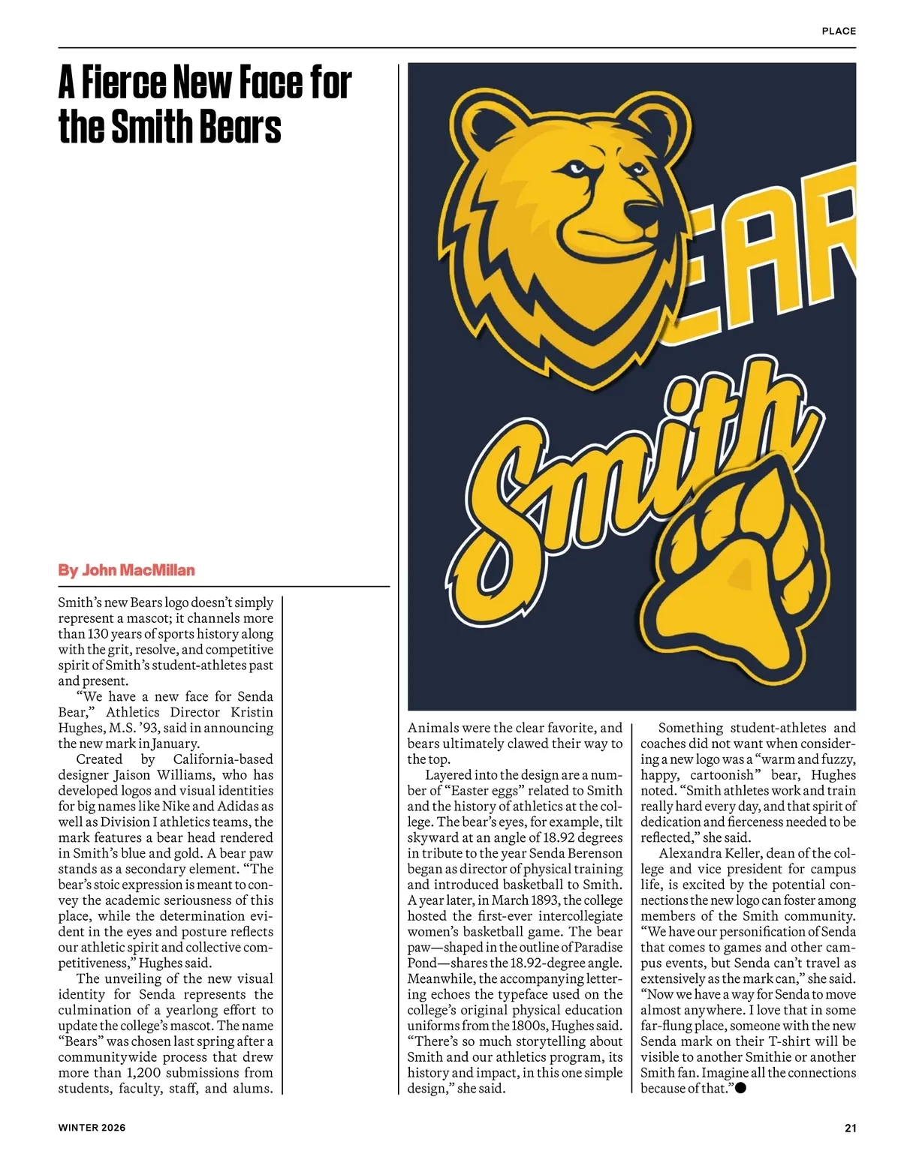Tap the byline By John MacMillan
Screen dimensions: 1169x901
coord(126,570)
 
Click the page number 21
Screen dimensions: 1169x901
coord(850,1128)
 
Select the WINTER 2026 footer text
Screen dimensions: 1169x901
coord(92,1128)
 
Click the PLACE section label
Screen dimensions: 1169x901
coord(839,31)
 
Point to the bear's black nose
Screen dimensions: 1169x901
coord(643,213)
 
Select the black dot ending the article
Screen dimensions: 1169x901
coord(740,1088)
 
